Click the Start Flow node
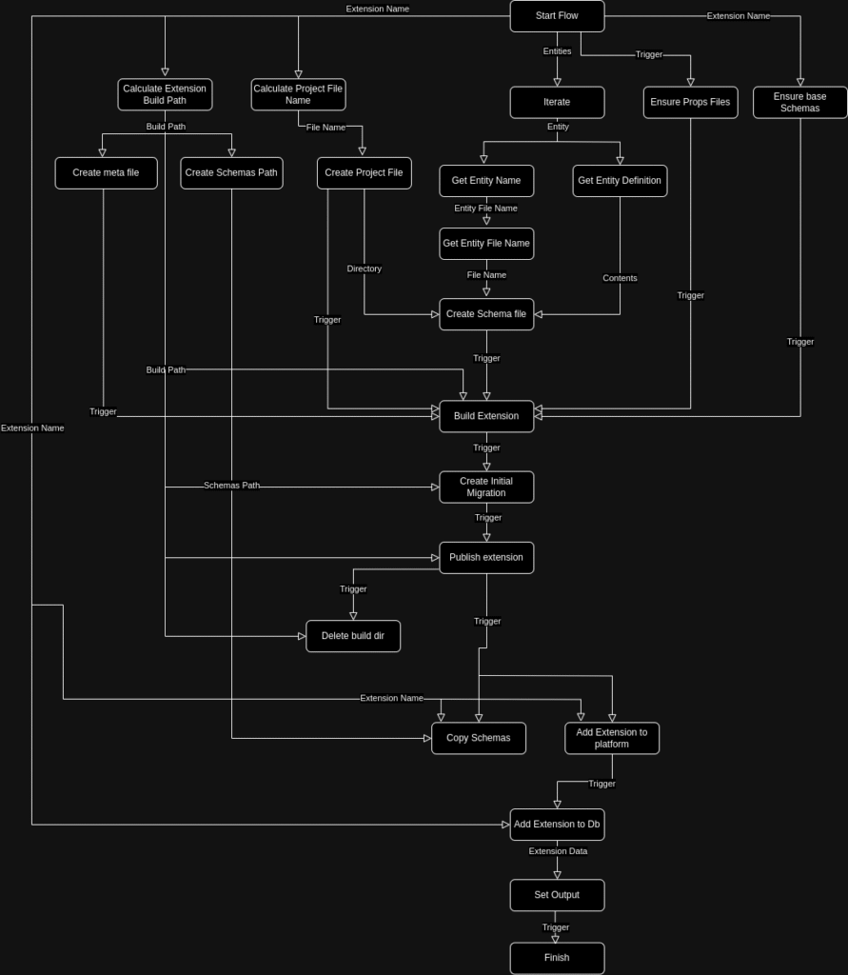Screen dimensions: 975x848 tap(557, 16)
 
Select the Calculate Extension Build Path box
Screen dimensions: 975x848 tap(165, 94)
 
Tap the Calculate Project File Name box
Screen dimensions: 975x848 tap(298, 94)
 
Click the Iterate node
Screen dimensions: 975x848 tap(557, 102)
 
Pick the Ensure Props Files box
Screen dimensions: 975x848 tap(690, 102)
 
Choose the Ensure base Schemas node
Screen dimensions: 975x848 tap(799, 102)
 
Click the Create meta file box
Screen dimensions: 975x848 tap(106, 172)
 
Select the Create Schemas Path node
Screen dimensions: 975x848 tap(231, 172)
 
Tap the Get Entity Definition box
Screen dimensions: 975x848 tap(620, 180)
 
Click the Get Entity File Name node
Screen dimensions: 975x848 tap(486, 243)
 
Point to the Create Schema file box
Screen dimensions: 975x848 tap(486, 313)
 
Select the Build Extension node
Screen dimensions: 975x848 tap(486, 416)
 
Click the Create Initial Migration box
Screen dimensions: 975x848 tap(486, 487)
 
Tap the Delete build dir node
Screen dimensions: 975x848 tap(353, 636)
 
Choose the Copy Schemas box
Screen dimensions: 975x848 tap(479, 738)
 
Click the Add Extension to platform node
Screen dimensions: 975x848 tap(612, 738)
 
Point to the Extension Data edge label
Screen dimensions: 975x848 tap(558, 851)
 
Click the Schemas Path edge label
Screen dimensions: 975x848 tap(231, 486)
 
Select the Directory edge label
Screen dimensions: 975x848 tap(364, 269)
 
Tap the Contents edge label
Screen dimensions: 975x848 tap(620, 278)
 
